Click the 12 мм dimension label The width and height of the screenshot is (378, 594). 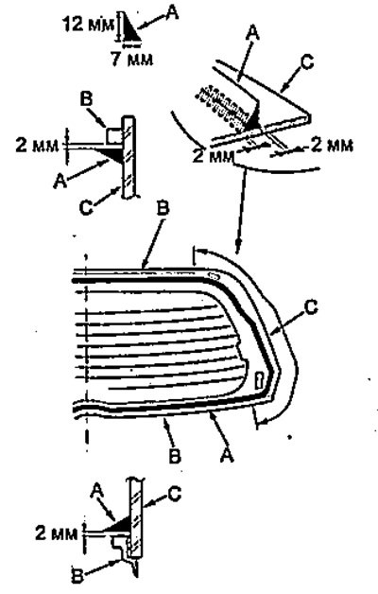(x=87, y=25)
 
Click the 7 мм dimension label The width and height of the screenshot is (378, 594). (x=132, y=60)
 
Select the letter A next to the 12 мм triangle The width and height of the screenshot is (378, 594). (x=172, y=12)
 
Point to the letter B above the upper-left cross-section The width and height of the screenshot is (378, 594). (x=86, y=99)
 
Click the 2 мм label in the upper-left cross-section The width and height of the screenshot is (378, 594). (x=37, y=145)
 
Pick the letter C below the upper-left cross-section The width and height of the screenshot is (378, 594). (x=86, y=208)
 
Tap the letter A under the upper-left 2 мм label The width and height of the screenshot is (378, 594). (x=60, y=181)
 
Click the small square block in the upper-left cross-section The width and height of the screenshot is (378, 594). (x=112, y=135)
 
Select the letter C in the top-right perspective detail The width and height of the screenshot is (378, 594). (x=307, y=61)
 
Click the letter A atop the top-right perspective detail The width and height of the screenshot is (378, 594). (x=252, y=33)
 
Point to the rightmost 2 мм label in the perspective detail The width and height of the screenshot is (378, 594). (x=332, y=146)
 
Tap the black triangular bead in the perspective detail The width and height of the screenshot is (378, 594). (x=253, y=118)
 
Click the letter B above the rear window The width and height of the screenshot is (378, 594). (x=163, y=209)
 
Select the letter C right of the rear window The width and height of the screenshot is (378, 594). (x=311, y=307)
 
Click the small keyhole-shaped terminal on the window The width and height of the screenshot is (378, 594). (x=261, y=379)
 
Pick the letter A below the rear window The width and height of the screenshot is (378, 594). (x=226, y=455)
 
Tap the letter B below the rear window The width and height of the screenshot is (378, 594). (x=174, y=457)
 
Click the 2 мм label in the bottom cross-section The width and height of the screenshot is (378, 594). (x=57, y=533)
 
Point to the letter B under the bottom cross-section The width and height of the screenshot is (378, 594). (x=77, y=579)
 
